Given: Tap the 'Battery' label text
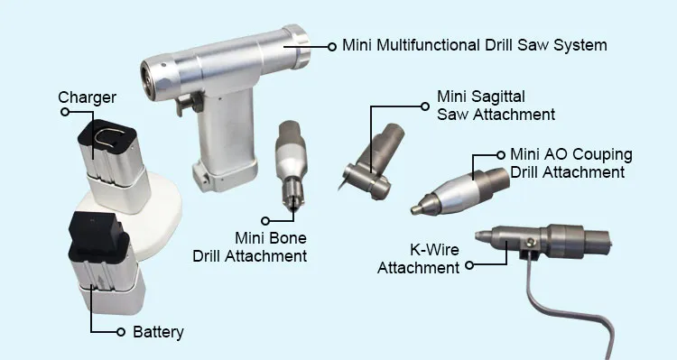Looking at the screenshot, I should [x=158, y=332].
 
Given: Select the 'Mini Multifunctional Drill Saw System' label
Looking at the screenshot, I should [x=474, y=44].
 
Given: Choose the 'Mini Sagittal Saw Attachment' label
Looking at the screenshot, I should [x=496, y=105].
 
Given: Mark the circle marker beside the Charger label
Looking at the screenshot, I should [x=65, y=112].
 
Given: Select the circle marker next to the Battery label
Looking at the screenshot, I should [x=122, y=332].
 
